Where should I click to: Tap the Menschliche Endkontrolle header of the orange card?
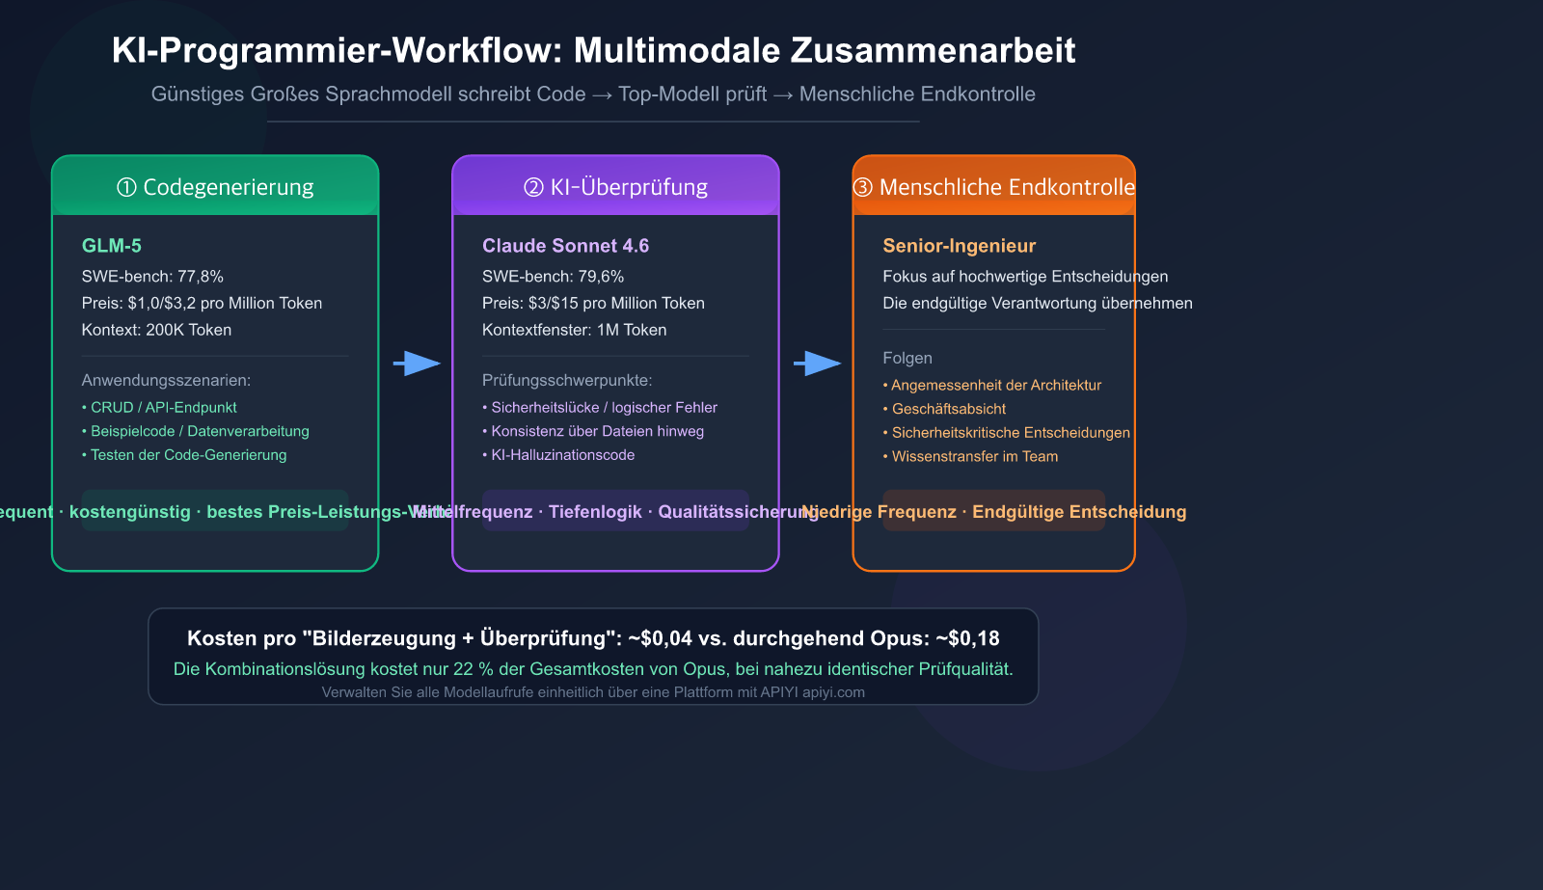point(994,187)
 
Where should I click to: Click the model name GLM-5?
point(112,246)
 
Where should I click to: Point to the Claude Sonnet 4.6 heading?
point(565,246)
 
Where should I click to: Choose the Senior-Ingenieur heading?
point(959,246)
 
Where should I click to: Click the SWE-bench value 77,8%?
point(201,277)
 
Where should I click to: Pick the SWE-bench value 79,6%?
point(601,277)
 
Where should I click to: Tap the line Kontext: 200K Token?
point(156,330)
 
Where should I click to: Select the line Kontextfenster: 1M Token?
point(574,330)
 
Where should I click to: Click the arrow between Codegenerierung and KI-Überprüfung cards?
point(417,364)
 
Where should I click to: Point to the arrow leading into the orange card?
point(817,364)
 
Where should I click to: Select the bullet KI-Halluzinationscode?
point(562,455)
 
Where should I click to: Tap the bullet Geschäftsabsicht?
point(948,409)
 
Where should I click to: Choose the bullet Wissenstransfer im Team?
point(974,456)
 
